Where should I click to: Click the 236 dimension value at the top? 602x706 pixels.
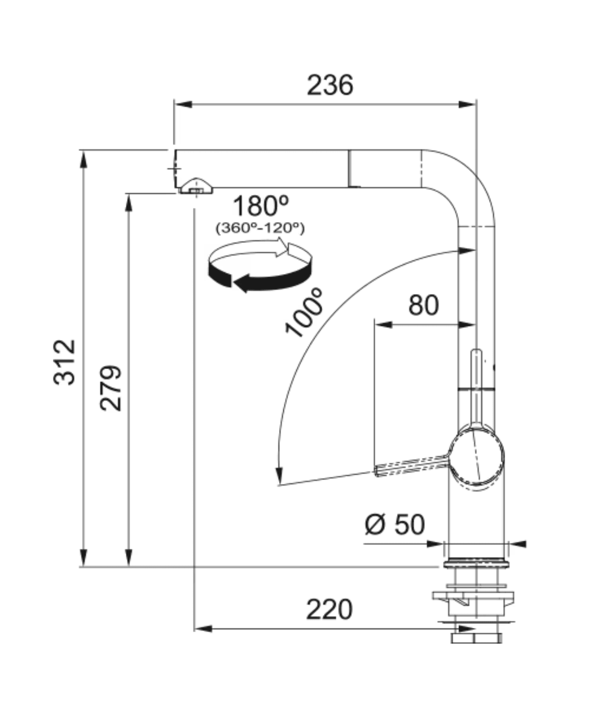point(330,85)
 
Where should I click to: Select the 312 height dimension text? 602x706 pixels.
point(65,362)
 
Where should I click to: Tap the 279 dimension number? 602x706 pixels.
point(111,388)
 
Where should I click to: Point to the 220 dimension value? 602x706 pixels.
point(329,610)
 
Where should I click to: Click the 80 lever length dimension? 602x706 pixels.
point(423,305)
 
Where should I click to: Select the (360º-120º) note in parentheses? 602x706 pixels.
point(260,228)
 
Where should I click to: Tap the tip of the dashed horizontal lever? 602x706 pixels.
point(376,471)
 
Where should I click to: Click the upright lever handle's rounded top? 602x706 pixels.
point(476,354)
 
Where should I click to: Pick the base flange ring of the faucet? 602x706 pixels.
point(476,563)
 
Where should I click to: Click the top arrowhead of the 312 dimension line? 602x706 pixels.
point(83,159)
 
